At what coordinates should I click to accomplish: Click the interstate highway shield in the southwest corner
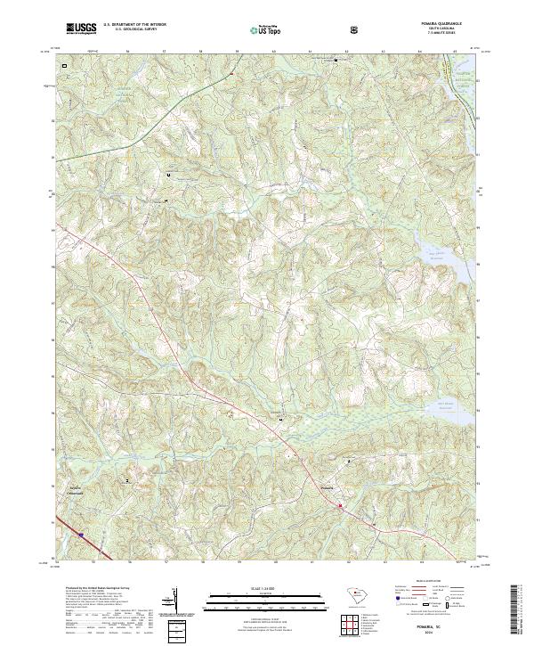pyautogui.click(x=81, y=535)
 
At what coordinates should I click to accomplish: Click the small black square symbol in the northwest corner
pyautogui.click(x=63, y=66)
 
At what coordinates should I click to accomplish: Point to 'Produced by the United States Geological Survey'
pyautogui.click(x=93, y=588)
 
